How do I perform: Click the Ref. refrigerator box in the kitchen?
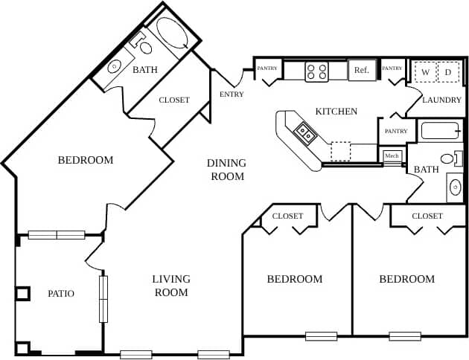[362, 71]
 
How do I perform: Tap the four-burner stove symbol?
[316, 71]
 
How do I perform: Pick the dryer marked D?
[447, 72]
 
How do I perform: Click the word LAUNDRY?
[442, 100]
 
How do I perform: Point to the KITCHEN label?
[336, 112]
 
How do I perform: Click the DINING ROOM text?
[226, 170]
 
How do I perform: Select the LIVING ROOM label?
[171, 286]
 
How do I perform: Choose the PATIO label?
[61, 293]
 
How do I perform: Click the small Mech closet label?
[392, 155]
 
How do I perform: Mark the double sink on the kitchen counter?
[305, 134]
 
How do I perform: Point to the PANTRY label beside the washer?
[392, 68]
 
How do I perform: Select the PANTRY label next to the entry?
[267, 68]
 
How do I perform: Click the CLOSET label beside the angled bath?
[174, 100]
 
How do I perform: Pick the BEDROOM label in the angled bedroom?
[86, 160]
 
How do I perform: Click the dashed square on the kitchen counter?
[340, 151]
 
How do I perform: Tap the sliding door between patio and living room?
[103, 298]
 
